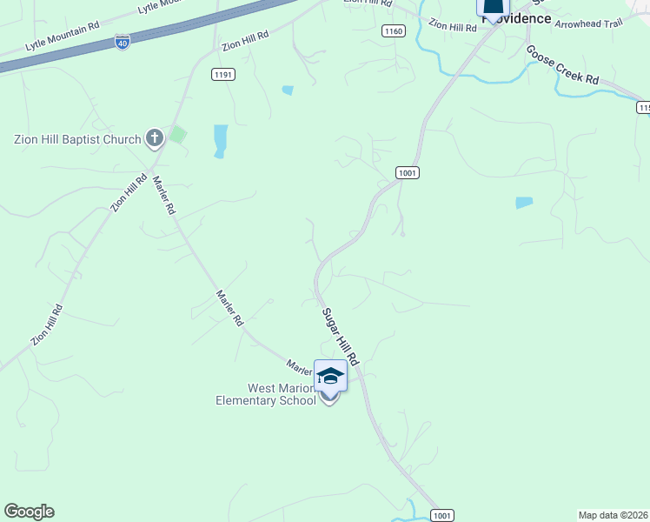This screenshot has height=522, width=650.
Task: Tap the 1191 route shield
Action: [x=222, y=75]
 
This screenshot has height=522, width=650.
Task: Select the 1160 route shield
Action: [x=393, y=31]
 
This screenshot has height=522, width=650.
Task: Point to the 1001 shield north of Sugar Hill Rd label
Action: [x=408, y=173]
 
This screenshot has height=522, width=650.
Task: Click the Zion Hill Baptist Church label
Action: [x=77, y=139]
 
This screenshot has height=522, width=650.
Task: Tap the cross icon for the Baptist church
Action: [x=155, y=137]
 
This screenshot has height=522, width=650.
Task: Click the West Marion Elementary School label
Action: [x=266, y=394]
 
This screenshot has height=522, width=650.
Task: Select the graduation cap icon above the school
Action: [x=330, y=375]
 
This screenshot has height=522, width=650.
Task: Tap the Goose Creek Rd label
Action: [x=562, y=65]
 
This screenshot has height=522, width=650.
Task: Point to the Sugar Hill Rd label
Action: [x=340, y=336]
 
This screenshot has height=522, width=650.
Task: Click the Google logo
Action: [x=29, y=512]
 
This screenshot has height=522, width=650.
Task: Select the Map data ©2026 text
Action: [x=614, y=514]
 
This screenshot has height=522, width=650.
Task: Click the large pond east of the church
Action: [x=220, y=140]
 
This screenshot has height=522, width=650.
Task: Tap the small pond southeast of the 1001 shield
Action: [x=523, y=203]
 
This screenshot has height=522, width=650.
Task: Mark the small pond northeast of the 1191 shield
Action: [x=287, y=90]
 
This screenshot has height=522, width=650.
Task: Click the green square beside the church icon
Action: [x=178, y=135]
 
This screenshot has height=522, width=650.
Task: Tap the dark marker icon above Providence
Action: [x=493, y=9]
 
